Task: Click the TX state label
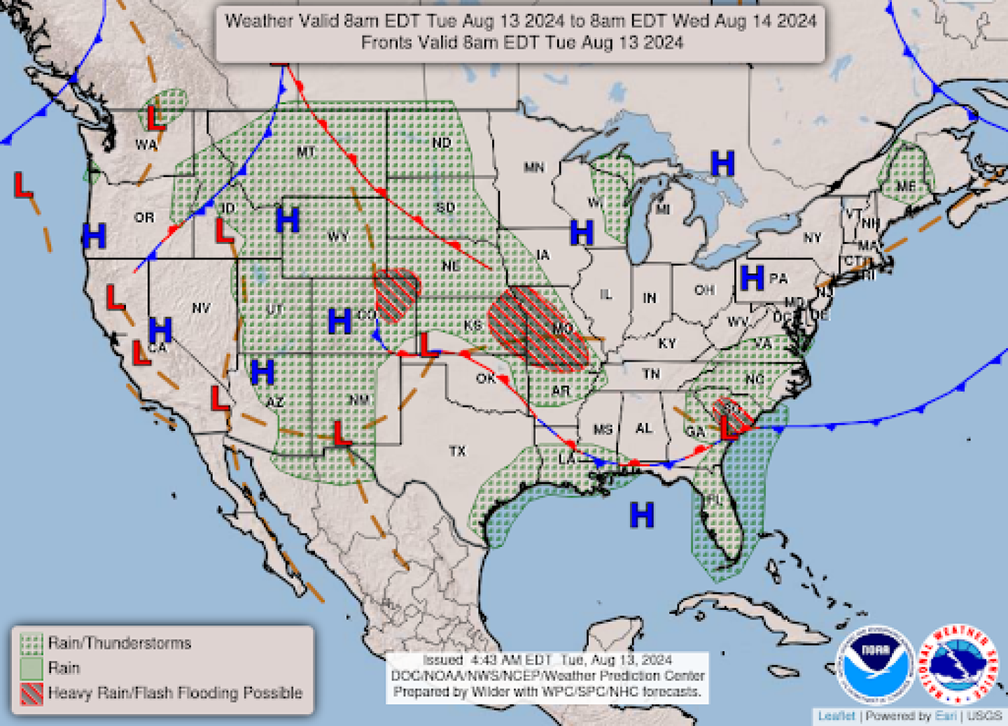click(x=457, y=451)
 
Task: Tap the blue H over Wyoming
click(x=287, y=220)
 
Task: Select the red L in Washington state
click(x=155, y=118)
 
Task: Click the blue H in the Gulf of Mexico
click(x=641, y=515)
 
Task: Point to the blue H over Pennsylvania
click(x=752, y=278)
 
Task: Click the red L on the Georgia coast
click(x=729, y=427)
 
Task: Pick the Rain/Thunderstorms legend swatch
click(x=31, y=643)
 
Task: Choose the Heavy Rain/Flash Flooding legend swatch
click(x=31, y=693)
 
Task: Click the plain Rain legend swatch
click(x=31, y=668)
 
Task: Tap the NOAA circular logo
click(x=875, y=664)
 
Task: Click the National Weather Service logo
click(x=958, y=664)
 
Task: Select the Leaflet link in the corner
click(x=836, y=716)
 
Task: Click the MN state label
click(x=534, y=167)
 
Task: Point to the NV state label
click(x=201, y=308)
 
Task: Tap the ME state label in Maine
click(x=905, y=186)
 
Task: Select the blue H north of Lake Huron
click(x=722, y=164)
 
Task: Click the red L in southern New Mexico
click(x=341, y=433)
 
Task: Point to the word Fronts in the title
click(x=386, y=43)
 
